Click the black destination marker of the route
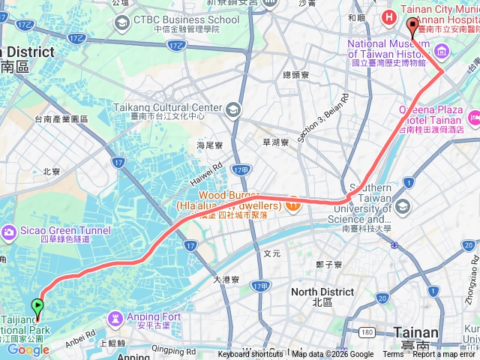(412, 28)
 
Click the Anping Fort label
(154, 316)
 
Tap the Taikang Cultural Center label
(167, 107)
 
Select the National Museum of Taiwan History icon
(442, 52)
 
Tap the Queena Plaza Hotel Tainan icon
(474, 118)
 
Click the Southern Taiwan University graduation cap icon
(403, 206)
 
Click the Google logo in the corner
(28, 349)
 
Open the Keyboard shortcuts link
(250, 355)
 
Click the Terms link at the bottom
(392, 355)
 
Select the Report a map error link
(445, 355)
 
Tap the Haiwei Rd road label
(207, 177)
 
